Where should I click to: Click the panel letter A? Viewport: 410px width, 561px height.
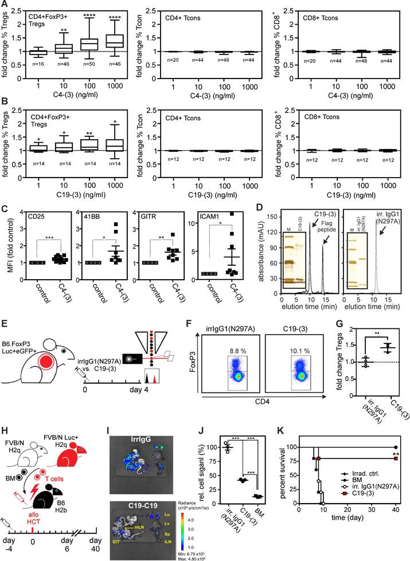click(4, 5)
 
